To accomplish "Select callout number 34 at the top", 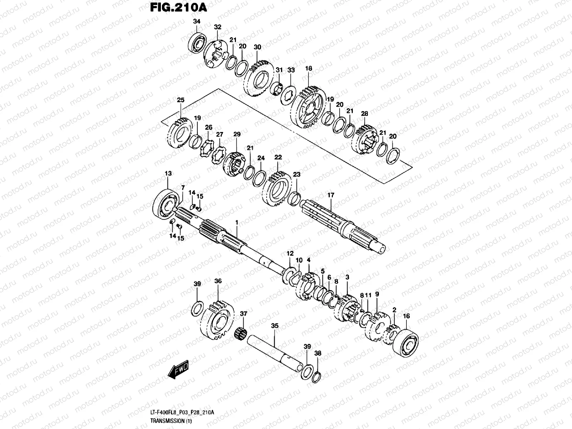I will click(x=196, y=21).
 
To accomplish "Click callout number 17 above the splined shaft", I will click(x=331, y=195).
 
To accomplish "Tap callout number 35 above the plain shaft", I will click(x=275, y=326).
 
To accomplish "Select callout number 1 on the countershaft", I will click(x=236, y=222).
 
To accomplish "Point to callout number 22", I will click(x=278, y=157).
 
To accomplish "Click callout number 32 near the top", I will click(x=218, y=27).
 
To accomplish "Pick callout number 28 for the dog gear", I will click(x=364, y=114).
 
